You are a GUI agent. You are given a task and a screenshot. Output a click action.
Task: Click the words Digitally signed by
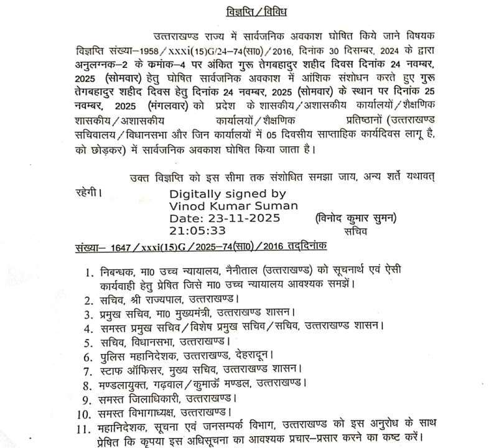228,194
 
